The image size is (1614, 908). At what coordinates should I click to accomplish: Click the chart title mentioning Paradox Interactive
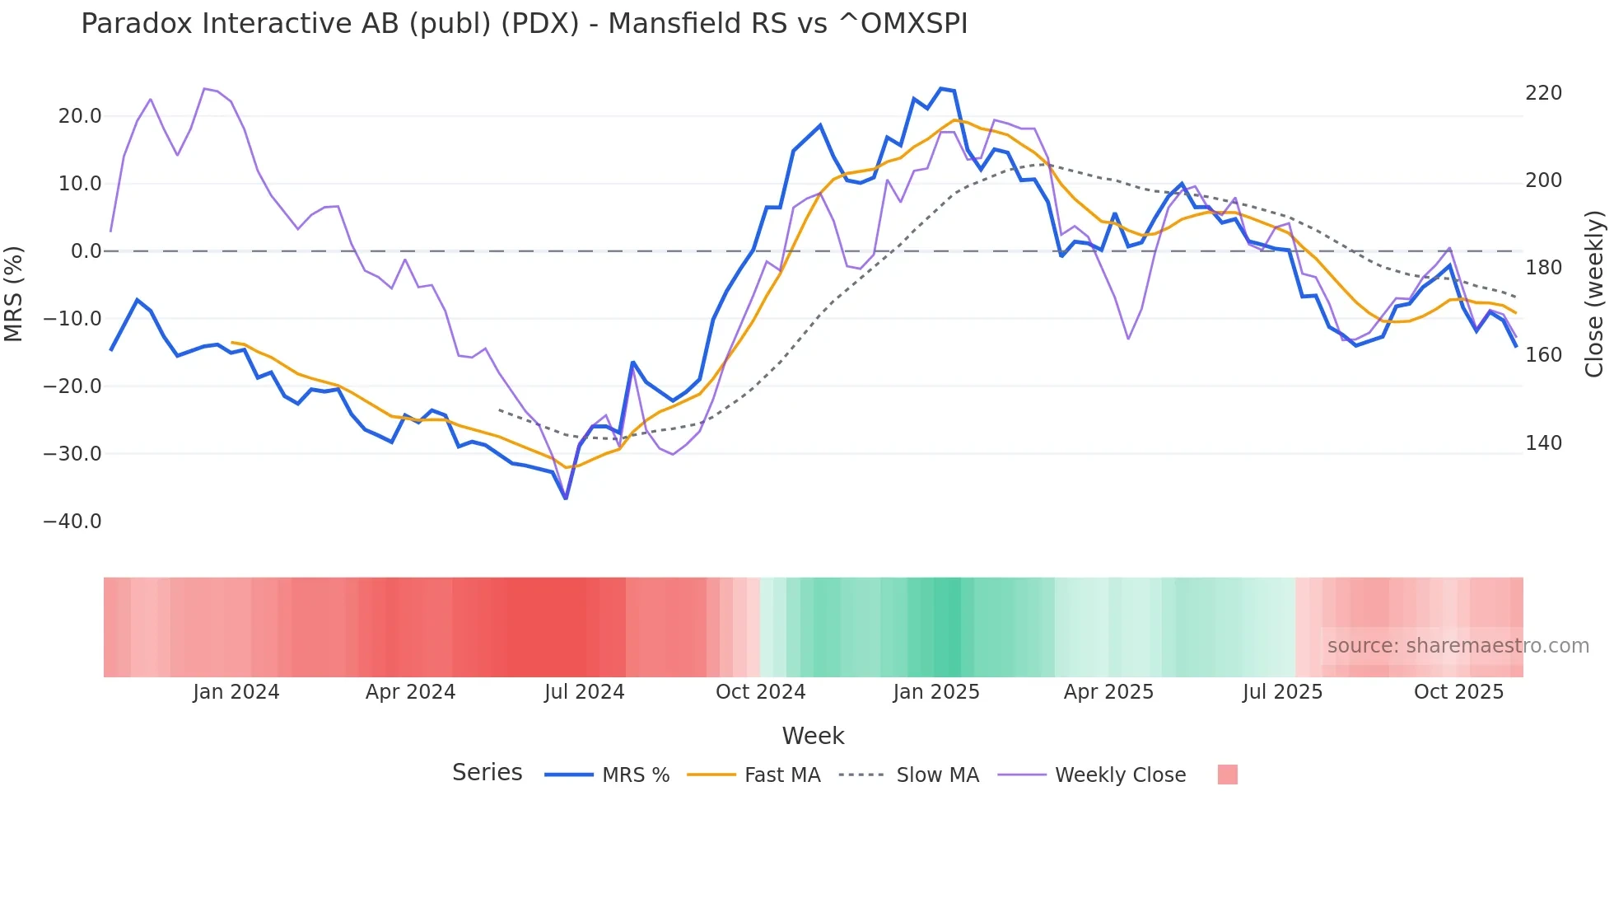[524, 24]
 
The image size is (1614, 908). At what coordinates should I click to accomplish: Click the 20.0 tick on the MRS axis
[80, 116]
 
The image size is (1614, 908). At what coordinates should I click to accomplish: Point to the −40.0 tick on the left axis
[72, 522]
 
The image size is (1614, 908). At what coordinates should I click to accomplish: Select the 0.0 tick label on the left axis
[86, 251]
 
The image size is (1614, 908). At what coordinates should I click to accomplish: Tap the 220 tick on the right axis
[1543, 93]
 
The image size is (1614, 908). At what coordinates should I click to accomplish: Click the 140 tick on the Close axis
[1543, 443]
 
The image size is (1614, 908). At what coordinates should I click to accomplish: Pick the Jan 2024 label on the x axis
[236, 692]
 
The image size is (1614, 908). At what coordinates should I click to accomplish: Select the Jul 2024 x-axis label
[585, 692]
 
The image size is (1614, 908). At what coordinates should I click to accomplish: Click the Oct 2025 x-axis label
[1458, 692]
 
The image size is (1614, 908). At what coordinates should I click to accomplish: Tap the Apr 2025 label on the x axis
[1108, 692]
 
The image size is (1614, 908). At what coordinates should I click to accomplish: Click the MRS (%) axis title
[14, 293]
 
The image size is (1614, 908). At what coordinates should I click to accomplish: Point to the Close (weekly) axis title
[1594, 293]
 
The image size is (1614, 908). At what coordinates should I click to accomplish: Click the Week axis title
[813, 736]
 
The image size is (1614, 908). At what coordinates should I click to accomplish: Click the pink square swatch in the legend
[1227, 775]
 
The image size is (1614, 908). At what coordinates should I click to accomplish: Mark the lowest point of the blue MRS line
[566, 498]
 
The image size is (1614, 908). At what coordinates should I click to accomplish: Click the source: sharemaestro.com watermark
[1458, 646]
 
